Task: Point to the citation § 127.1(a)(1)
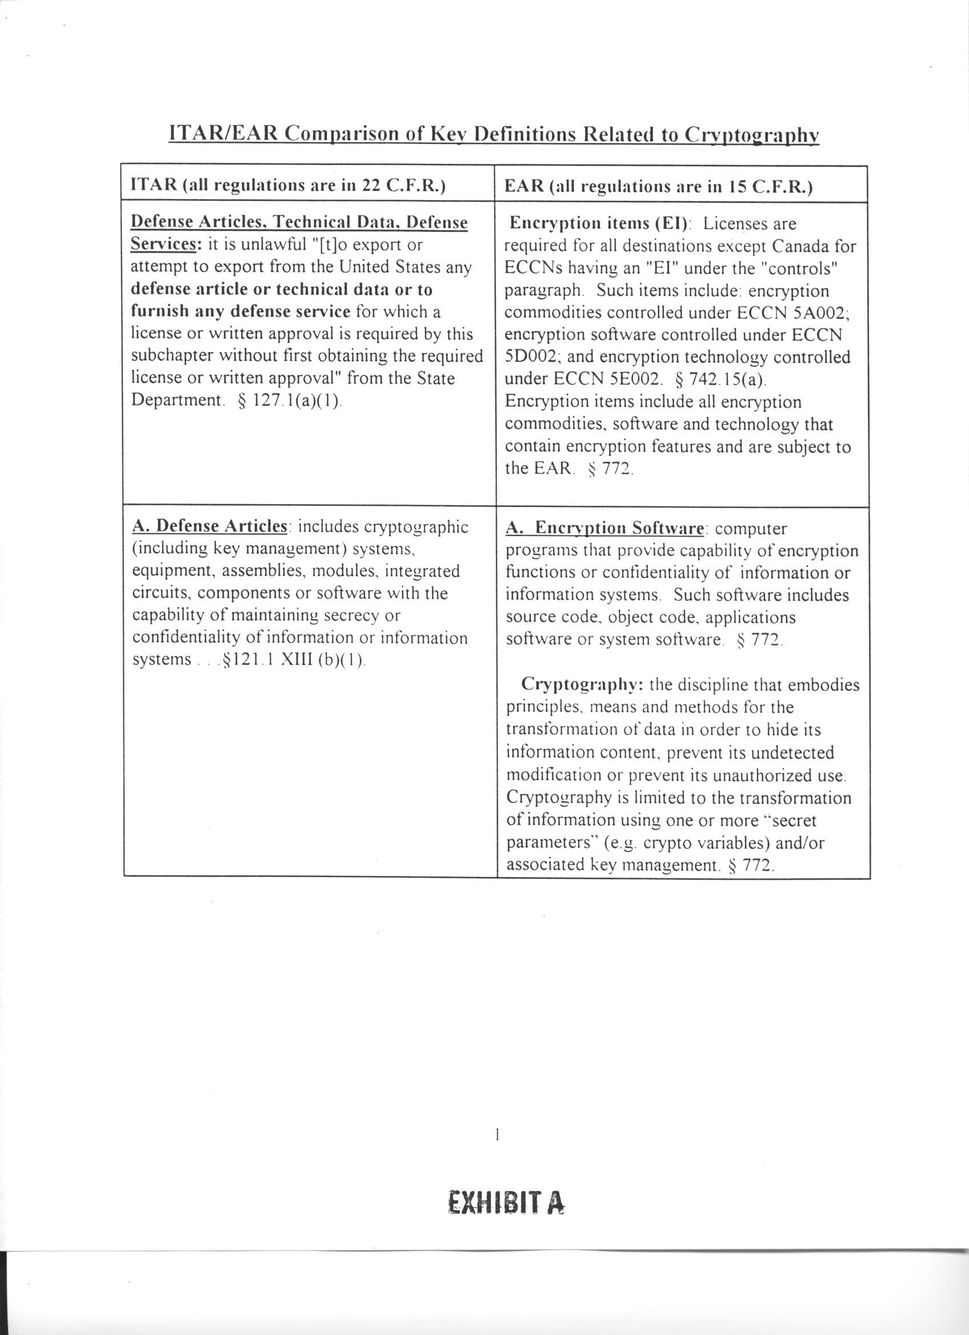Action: click(291, 400)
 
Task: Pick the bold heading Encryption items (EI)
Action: click(599, 223)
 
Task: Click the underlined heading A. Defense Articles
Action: click(210, 526)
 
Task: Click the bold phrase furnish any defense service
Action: click(241, 312)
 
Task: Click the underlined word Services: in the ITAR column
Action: click(167, 244)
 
